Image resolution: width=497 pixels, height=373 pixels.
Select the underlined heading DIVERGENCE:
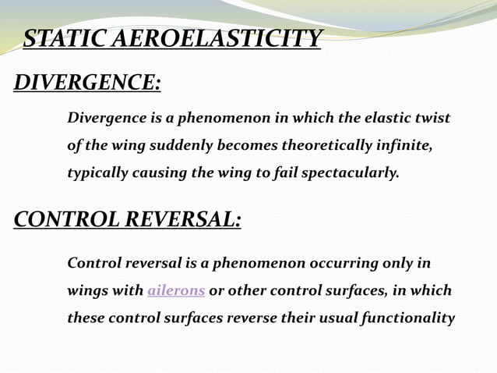88,82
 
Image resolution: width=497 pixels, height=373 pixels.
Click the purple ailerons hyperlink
176,291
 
